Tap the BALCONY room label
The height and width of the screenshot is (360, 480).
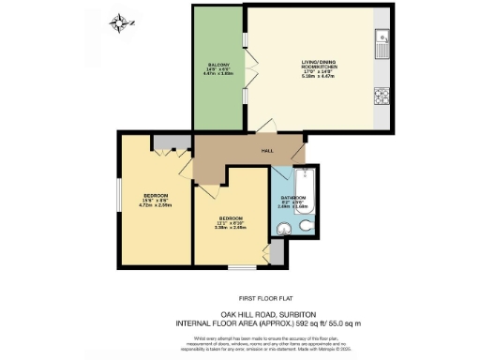(217, 68)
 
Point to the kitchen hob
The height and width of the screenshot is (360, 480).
(382, 95)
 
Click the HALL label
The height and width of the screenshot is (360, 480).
(267, 151)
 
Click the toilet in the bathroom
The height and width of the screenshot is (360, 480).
(308, 231)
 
